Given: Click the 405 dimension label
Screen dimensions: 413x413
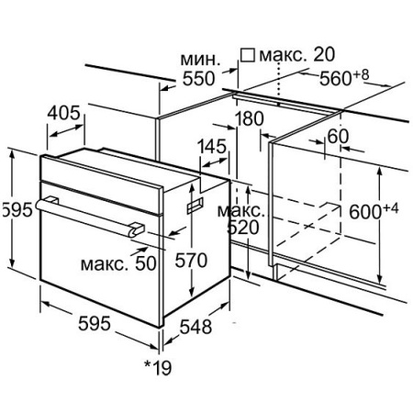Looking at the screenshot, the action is pyautogui.click(x=63, y=113).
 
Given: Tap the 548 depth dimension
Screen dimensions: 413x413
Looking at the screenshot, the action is pyautogui.click(x=195, y=327).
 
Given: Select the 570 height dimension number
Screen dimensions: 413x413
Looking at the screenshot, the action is pyautogui.click(x=191, y=261).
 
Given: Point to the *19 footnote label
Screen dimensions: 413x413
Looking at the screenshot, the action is pyautogui.click(x=158, y=367).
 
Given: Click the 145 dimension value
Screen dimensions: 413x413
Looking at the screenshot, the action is pyautogui.click(x=212, y=146).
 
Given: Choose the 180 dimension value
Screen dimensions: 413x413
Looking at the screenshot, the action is pyautogui.click(x=250, y=118).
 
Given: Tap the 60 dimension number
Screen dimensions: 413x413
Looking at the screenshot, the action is pyautogui.click(x=338, y=136).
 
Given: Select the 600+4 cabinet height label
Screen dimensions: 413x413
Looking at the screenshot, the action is pyautogui.click(x=374, y=211).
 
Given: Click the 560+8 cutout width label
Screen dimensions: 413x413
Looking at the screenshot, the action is pyautogui.click(x=344, y=77).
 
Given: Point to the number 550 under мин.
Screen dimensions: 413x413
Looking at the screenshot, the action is pyautogui.click(x=199, y=79).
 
